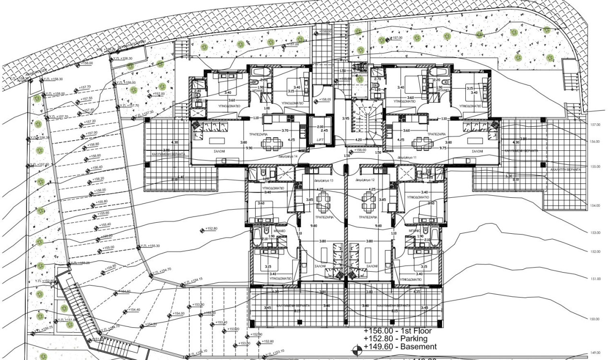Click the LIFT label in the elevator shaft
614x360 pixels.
point(320,139)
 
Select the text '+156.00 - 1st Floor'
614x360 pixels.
point(398,331)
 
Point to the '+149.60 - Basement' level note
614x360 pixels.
point(400,347)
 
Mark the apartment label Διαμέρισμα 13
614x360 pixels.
point(324,180)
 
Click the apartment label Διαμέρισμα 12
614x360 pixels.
point(365,180)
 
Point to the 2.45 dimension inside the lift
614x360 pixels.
point(324,130)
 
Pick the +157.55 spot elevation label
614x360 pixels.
point(86,99)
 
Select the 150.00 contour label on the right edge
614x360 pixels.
point(595,319)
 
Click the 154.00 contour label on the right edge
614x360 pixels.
point(595,205)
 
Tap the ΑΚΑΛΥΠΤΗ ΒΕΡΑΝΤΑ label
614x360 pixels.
point(566,169)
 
